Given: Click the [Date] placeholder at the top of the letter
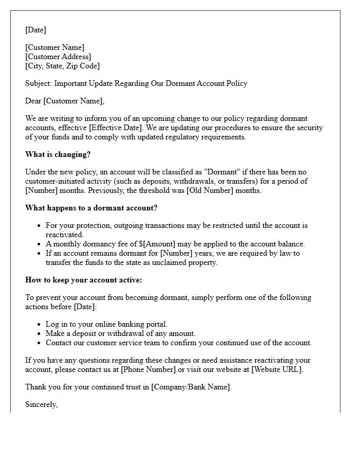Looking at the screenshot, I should point(35,30).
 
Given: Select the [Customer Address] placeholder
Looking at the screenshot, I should point(58,57).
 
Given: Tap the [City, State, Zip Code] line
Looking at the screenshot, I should point(62,66).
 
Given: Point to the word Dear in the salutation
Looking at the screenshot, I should point(33,101).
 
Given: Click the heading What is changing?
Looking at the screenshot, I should point(58,154).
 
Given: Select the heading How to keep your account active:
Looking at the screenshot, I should point(83,280).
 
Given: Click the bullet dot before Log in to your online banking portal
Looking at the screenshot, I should point(40,325).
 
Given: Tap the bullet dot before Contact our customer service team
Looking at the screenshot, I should point(40,343).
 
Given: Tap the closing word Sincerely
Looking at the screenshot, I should point(41,404).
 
